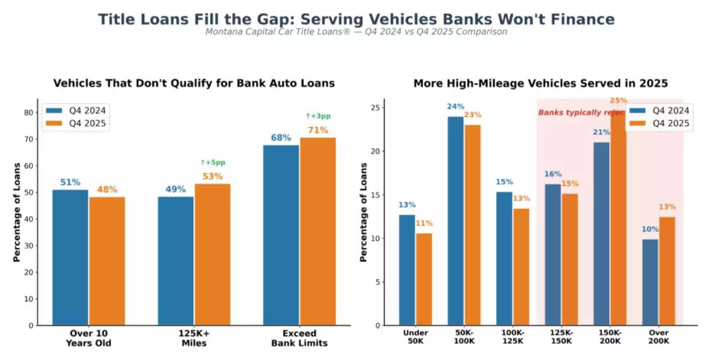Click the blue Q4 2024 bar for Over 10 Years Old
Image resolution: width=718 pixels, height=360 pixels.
click(70, 257)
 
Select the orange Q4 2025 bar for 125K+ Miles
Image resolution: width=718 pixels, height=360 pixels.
click(212, 254)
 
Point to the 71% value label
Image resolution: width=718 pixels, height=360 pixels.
click(318, 130)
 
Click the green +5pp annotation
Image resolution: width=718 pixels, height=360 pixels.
click(213, 163)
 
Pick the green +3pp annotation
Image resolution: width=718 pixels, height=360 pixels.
click(318, 116)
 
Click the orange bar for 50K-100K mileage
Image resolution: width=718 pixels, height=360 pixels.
click(472, 225)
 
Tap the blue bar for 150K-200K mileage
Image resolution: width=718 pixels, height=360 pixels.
click(601, 234)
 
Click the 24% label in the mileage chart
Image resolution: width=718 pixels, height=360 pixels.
click(455, 106)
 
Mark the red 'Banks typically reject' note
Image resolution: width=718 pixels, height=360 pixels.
click(580, 112)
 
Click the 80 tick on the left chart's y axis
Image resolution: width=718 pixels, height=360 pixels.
click(29, 112)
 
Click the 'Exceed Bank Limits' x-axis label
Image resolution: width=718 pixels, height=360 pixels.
click(300, 338)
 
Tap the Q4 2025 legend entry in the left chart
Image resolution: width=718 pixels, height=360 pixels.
click(77, 124)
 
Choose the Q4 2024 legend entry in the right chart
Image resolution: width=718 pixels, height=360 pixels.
click(659, 111)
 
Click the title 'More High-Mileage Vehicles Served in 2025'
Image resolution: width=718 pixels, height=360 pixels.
click(540, 83)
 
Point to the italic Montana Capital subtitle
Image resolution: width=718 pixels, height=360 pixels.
click(356, 32)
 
